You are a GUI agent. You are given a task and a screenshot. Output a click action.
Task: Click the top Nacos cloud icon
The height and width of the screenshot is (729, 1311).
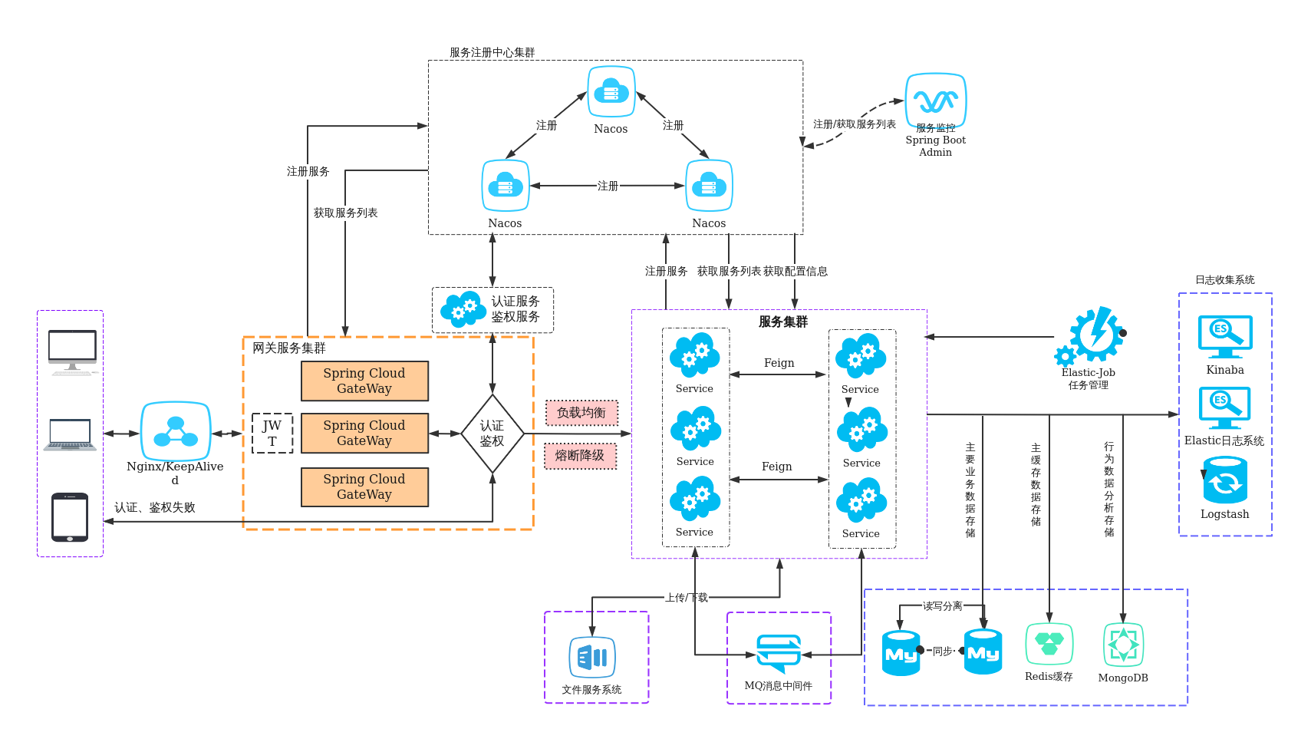click(611, 92)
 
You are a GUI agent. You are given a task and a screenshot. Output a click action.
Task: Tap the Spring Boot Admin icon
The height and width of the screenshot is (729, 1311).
click(936, 101)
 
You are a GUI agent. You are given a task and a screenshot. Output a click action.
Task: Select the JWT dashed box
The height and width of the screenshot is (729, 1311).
click(272, 434)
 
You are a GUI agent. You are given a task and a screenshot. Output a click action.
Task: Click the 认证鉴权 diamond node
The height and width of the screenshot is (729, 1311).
click(492, 434)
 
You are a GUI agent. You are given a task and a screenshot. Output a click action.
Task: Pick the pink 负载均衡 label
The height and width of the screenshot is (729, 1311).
click(581, 413)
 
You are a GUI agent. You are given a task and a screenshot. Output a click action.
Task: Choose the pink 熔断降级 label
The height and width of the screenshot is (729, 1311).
click(580, 456)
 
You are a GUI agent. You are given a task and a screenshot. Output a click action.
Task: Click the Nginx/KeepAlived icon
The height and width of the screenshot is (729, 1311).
click(176, 431)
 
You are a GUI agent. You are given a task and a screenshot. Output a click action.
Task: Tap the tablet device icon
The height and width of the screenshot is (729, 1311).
click(70, 516)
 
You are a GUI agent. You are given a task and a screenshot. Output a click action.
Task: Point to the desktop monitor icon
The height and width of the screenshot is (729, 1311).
click(72, 351)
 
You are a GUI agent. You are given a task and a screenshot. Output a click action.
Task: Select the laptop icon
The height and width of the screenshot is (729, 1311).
click(71, 434)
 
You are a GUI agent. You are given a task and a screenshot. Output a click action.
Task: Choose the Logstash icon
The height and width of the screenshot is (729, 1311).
click(1225, 481)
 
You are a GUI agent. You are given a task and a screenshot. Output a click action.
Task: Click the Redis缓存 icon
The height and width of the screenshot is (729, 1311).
click(1049, 644)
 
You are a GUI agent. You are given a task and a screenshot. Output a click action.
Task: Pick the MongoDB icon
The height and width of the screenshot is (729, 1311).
click(1123, 645)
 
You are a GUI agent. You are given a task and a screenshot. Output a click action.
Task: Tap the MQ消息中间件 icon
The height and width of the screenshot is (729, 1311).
click(779, 653)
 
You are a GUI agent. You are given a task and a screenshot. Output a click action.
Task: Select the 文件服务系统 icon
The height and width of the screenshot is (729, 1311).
click(592, 658)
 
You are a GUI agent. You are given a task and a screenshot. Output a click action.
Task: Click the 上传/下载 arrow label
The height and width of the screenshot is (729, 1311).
click(687, 598)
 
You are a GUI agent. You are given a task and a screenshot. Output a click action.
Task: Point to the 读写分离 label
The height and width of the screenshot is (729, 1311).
click(942, 606)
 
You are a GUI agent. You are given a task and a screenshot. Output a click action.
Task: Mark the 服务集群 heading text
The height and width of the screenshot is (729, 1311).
click(782, 322)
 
